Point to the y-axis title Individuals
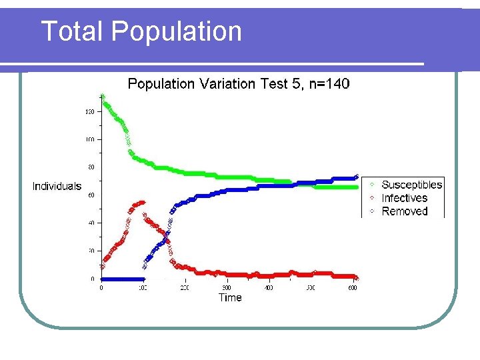click(x=57, y=187)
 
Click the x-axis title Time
click(x=230, y=297)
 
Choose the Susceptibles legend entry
click(x=411, y=185)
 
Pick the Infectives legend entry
click(x=404, y=198)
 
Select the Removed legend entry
click(x=404, y=211)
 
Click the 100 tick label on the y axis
click(x=89, y=139)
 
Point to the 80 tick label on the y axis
click(x=91, y=167)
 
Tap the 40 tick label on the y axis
click(x=91, y=223)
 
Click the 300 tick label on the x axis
click(x=227, y=288)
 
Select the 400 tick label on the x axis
click(x=268, y=288)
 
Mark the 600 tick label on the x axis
click(x=352, y=288)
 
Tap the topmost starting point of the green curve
click(x=102, y=95)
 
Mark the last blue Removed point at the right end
click(x=357, y=177)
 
